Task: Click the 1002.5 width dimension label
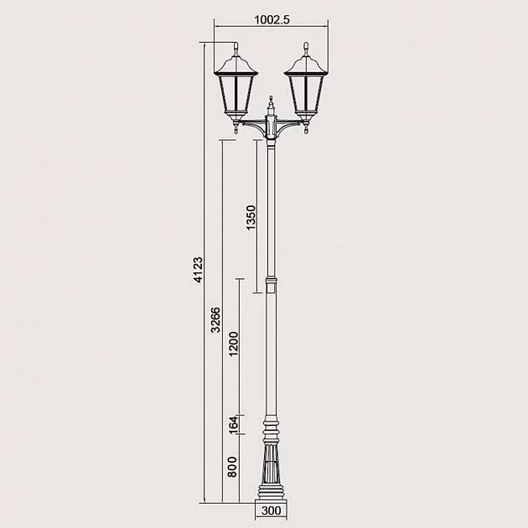pos(272,19)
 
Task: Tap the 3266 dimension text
pos(215,320)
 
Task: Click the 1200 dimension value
pos(234,345)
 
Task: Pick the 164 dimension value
pos(234,426)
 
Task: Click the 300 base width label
pos(271,509)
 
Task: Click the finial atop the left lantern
pos(238,49)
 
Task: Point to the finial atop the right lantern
pos(306,49)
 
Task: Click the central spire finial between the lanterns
pos(271,105)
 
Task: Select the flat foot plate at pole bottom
pos(271,498)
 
